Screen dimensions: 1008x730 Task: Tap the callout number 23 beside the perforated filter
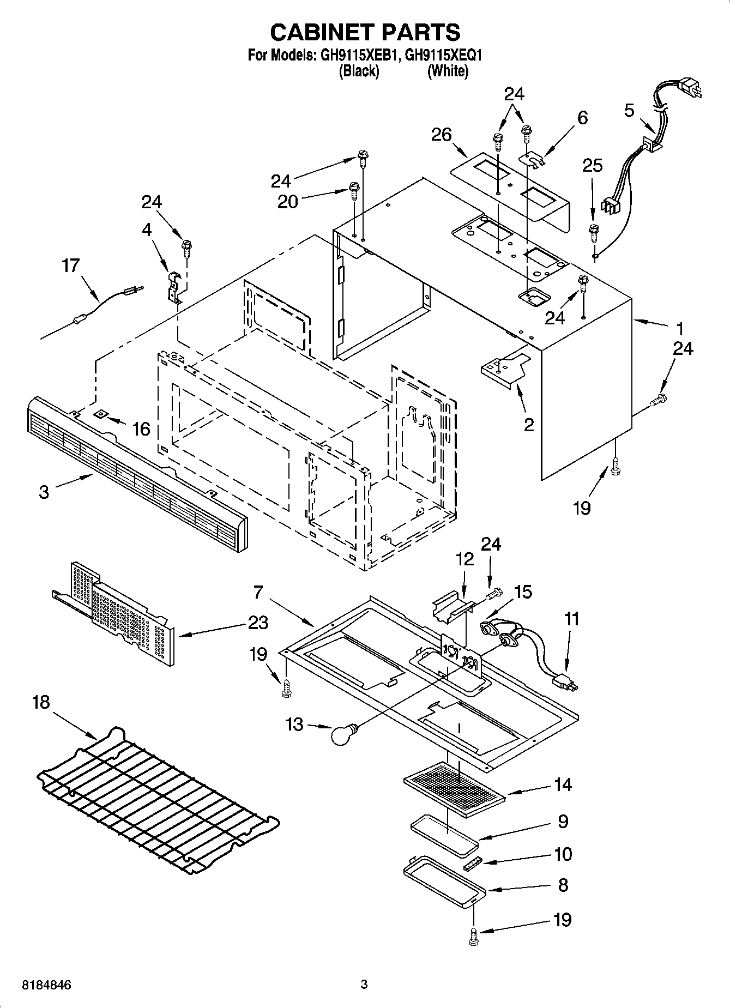(x=257, y=623)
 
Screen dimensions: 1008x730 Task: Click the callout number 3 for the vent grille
(x=44, y=492)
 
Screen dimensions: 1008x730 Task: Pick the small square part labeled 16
(x=101, y=415)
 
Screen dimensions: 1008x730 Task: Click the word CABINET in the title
(x=320, y=32)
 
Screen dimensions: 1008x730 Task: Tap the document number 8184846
(x=47, y=985)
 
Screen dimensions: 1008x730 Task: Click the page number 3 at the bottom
(x=364, y=985)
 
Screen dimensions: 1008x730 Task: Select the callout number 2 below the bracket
(x=528, y=425)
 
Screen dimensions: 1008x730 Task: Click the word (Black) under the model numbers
(x=358, y=71)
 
